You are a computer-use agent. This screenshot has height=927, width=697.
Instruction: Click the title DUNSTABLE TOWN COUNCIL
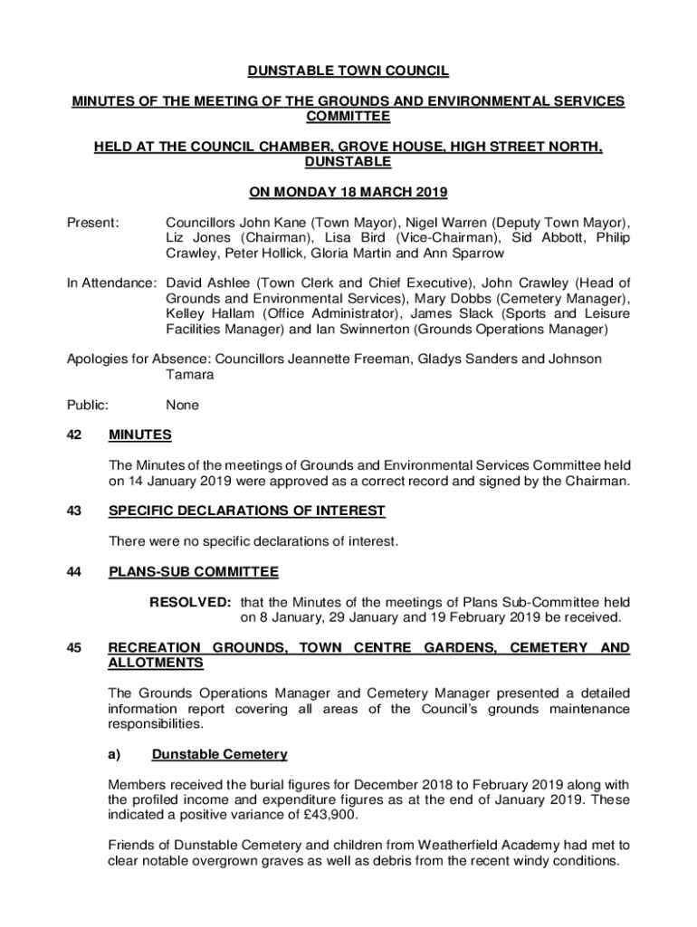pyautogui.click(x=348, y=72)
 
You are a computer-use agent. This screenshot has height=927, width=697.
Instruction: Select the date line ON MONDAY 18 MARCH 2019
pyautogui.click(x=348, y=192)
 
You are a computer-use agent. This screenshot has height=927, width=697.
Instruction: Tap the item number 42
pyautogui.click(x=75, y=435)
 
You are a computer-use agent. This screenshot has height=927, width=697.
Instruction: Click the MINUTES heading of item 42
pyautogui.click(x=139, y=435)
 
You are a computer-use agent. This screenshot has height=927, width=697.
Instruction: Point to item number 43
pyautogui.click(x=75, y=511)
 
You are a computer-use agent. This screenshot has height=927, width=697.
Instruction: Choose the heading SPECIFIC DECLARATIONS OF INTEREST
pyautogui.click(x=246, y=511)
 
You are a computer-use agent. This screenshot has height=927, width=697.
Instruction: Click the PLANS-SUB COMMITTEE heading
pyautogui.click(x=193, y=572)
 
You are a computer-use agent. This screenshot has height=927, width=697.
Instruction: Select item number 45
pyautogui.click(x=75, y=648)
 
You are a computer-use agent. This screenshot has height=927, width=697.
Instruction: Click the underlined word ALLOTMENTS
pyautogui.click(x=155, y=664)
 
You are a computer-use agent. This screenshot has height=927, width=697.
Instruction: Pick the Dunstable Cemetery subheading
pyautogui.click(x=219, y=754)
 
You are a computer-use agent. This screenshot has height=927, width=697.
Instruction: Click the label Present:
pyautogui.click(x=93, y=223)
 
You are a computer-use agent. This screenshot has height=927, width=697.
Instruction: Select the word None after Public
pyautogui.click(x=183, y=405)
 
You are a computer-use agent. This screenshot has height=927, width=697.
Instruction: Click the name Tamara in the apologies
pyautogui.click(x=190, y=375)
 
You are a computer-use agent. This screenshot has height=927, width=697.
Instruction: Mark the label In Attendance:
pyautogui.click(x=112, y=283)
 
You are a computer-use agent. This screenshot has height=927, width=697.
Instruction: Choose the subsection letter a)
pyautogui.click(x=117, y=754)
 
